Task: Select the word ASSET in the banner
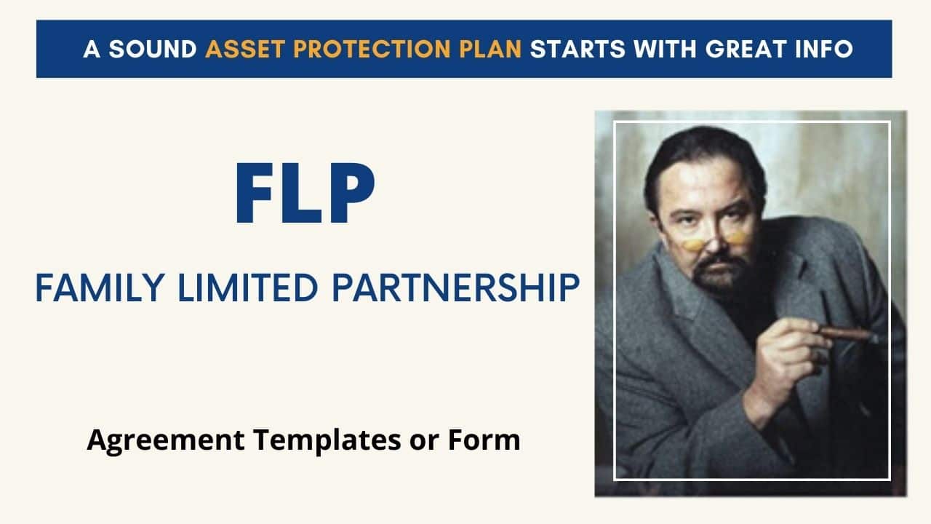pos(237,49)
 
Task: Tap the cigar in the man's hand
pos(847,334)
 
